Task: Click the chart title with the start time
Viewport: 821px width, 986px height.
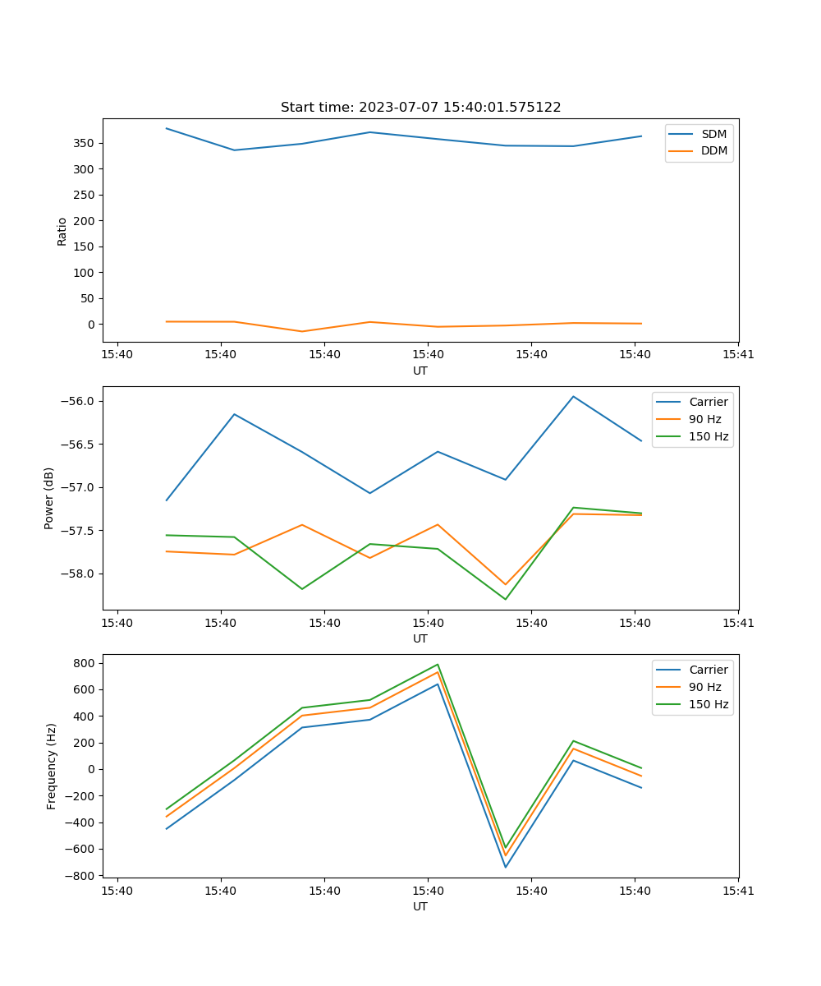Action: coord(420,108)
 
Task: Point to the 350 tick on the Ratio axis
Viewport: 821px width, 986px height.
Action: coord(84,143)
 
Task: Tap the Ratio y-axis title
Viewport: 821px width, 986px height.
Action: coord(62,231)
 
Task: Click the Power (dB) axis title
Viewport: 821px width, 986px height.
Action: coord(49,498)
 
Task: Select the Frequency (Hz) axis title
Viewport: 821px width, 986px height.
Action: coord(52,766)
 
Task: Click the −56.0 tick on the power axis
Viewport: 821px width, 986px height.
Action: coord(79,401)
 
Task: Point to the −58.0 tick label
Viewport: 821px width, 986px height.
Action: coord(79,574)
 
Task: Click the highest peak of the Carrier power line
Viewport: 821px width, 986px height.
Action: coord(573,397)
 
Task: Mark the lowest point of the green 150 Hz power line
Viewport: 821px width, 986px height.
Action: coord(505,599)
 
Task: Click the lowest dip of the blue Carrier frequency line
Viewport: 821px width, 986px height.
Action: coord(505,867)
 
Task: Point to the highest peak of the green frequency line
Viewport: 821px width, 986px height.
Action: coord(438,665)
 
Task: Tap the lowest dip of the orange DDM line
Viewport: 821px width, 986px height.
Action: coord(302,332)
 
